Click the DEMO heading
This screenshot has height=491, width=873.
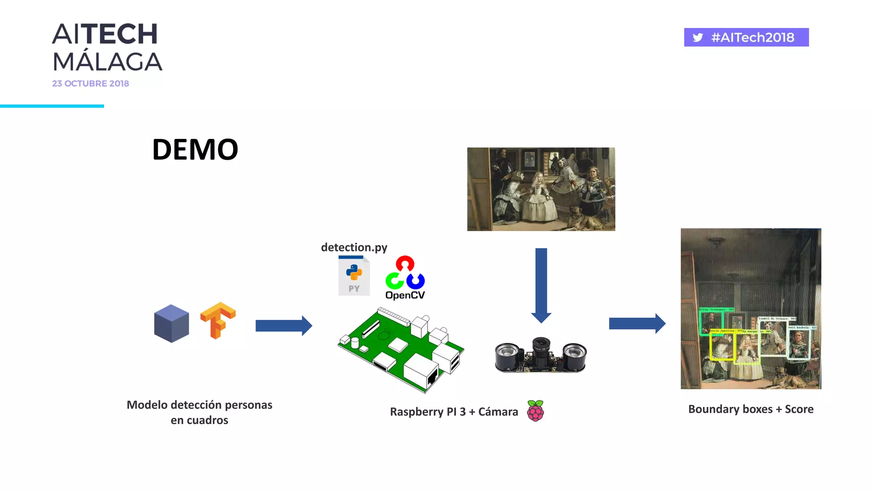coord(195,150)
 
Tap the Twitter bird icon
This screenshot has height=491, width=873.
coord(697,38)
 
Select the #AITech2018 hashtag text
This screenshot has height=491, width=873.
coord(752,38)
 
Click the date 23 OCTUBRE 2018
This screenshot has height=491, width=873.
coord(90,84)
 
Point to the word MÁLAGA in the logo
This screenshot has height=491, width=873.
coord(107,62)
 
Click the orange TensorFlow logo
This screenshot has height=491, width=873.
coord(218,320)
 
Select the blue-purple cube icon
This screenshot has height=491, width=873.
coord(171,323)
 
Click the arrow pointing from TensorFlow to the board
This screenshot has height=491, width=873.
coord(283,326)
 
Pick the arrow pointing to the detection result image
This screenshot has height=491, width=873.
coord(637,323)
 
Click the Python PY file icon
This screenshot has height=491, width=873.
coord(354,276)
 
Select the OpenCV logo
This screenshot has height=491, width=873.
coord(405,277)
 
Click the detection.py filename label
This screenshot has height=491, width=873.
coord(354,247)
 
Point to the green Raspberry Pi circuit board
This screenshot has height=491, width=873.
coord(401,349)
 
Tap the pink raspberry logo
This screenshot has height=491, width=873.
coord(535,411)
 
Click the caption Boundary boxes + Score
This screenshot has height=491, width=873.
coord(751,409)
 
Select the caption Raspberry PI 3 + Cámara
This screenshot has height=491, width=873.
coord(454,412)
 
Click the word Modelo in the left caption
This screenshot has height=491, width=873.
coord(147,405)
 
